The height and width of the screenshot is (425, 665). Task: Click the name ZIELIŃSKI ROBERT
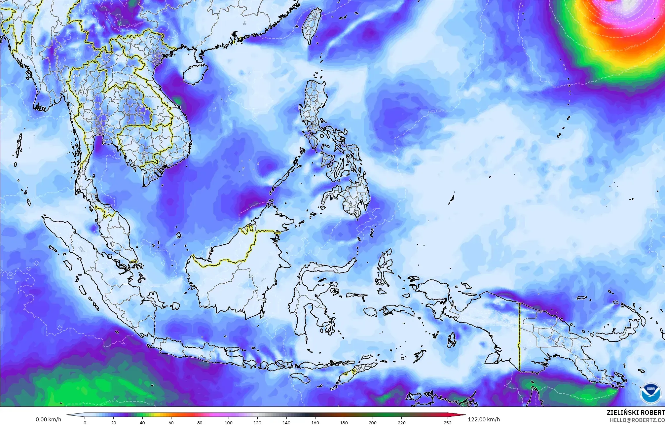coord(635,412)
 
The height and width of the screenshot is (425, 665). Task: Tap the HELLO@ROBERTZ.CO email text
coord(637,420)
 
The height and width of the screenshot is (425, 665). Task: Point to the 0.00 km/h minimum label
coord(48,419)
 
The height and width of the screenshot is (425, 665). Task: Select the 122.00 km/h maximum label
coord(484,419)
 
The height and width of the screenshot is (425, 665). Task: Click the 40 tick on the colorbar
coord(142,422)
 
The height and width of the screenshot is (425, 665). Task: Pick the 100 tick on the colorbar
coord(229,422)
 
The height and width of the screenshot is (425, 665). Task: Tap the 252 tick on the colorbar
coord(448,422)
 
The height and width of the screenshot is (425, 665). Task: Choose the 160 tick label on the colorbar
coord(315,422)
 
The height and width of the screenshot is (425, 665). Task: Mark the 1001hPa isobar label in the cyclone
coord(617,24)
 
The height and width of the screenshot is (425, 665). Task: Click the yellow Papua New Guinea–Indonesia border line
coord(520,337)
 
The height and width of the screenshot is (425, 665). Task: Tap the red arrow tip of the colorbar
coord(462,415)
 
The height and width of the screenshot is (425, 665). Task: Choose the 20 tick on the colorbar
coord(114,422)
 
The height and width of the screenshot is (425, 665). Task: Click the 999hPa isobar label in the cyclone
coord(617,19)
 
